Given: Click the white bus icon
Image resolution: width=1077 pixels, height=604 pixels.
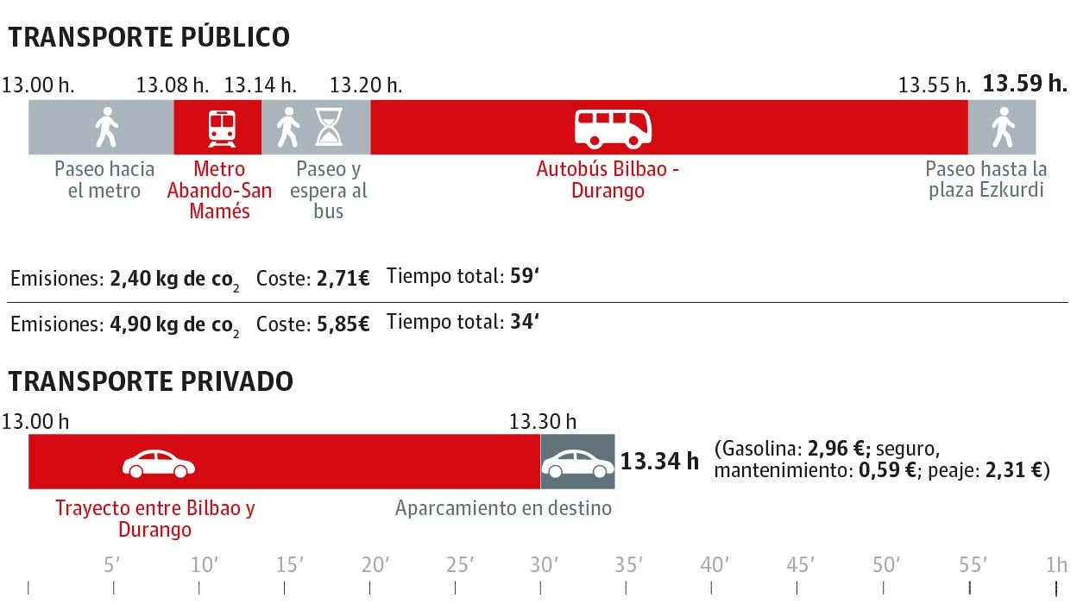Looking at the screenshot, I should pos(613,129).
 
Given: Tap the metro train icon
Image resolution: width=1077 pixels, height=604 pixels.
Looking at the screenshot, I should pos(222,129).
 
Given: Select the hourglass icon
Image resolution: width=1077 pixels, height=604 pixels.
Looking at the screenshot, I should pos(328,128).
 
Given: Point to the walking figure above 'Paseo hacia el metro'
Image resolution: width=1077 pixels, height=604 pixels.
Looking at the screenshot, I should pos(106,128).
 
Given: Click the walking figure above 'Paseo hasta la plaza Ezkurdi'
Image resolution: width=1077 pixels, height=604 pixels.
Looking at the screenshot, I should pos(1002,128).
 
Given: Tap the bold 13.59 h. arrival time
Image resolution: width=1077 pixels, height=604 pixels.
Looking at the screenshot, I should pos(1025,84).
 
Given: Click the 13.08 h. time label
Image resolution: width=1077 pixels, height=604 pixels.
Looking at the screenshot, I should pos(173,85).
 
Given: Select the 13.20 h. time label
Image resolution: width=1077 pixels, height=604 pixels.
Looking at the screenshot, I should pos(366,85).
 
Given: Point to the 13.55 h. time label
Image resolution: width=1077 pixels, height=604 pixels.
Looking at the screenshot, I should pos(935,85).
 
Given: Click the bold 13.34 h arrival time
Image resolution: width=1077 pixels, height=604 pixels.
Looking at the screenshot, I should pos(659,462).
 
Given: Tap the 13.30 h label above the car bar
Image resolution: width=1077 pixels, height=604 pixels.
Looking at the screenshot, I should pos(543,422).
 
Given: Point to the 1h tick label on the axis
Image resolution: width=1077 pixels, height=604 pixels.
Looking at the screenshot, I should pos(1056,565).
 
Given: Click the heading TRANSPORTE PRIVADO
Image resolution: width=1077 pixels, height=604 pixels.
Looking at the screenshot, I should pos(151,381).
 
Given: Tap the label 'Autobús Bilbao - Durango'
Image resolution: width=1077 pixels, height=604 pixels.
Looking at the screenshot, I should pos(608,179).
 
